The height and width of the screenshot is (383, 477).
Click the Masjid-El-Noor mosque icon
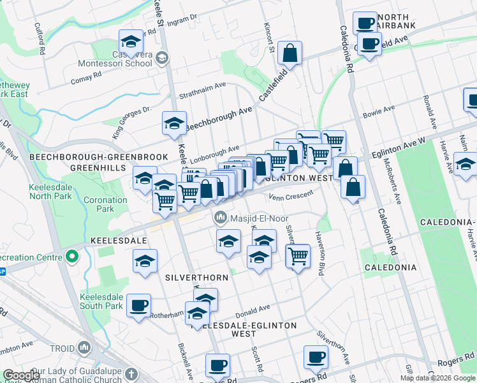pyautogui.click(x=221, y=218)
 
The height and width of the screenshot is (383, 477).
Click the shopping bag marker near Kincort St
pyautogui.click(x=290, y=55)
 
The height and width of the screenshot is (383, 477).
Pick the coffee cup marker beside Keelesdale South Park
pyautogui.click(x=138, y=305)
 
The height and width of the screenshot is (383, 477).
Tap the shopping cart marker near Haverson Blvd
pyautogui.click(x=298, y=256)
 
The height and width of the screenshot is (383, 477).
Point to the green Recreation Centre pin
pyautogui.click(x=71, y=257)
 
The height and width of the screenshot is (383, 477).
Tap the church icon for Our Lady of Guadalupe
pyautogui.click(x=131, y=373)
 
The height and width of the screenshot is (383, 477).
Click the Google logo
pyautogui.click(x=21, y=376)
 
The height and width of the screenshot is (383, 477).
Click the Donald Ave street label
pyautogui.click(x=253, y=310)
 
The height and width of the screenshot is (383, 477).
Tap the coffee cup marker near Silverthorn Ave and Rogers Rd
pyautogui.click(x=315, y=357)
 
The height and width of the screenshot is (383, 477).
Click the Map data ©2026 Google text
pyautogui.click(x=437, y=378)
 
